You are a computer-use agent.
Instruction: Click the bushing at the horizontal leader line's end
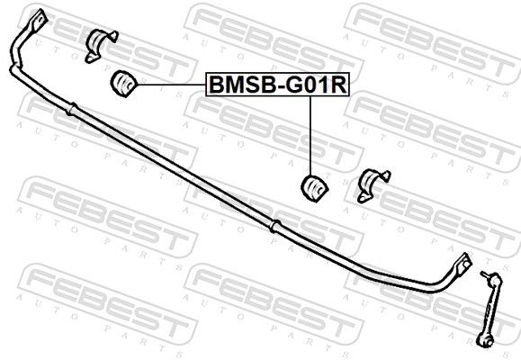click(123, 83)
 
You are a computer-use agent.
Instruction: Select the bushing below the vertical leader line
click(314, 188)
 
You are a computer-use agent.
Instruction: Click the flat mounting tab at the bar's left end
click(38, 21)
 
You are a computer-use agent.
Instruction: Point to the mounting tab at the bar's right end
click(463, 264)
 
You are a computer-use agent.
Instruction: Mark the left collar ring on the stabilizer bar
click(71, 109)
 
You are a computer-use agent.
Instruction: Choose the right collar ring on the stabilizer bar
click(275, 227)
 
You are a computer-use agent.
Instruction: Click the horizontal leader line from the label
click(172, 85)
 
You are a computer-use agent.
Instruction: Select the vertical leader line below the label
click(310, 136)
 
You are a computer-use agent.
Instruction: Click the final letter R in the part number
click(337, 85)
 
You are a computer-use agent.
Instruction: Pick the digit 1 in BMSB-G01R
click(324, 85)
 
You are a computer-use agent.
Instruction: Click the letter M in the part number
click(235, 85)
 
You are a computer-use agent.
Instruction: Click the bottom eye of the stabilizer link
click(485, 341)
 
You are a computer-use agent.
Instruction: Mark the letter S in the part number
click(252, 85)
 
